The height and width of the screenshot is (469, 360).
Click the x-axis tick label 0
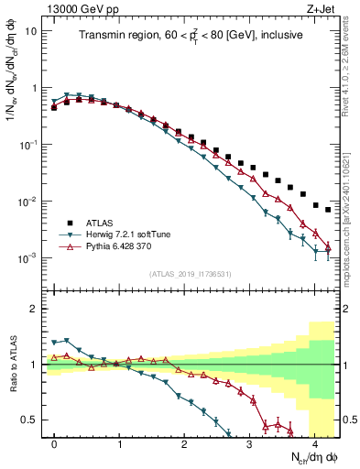point(55,443)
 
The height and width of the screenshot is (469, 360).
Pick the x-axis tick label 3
point(250,443)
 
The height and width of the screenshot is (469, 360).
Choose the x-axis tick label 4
point(315,443)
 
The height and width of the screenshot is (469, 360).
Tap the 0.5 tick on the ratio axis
point(32,420)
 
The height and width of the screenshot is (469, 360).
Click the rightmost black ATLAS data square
point(328,210)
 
